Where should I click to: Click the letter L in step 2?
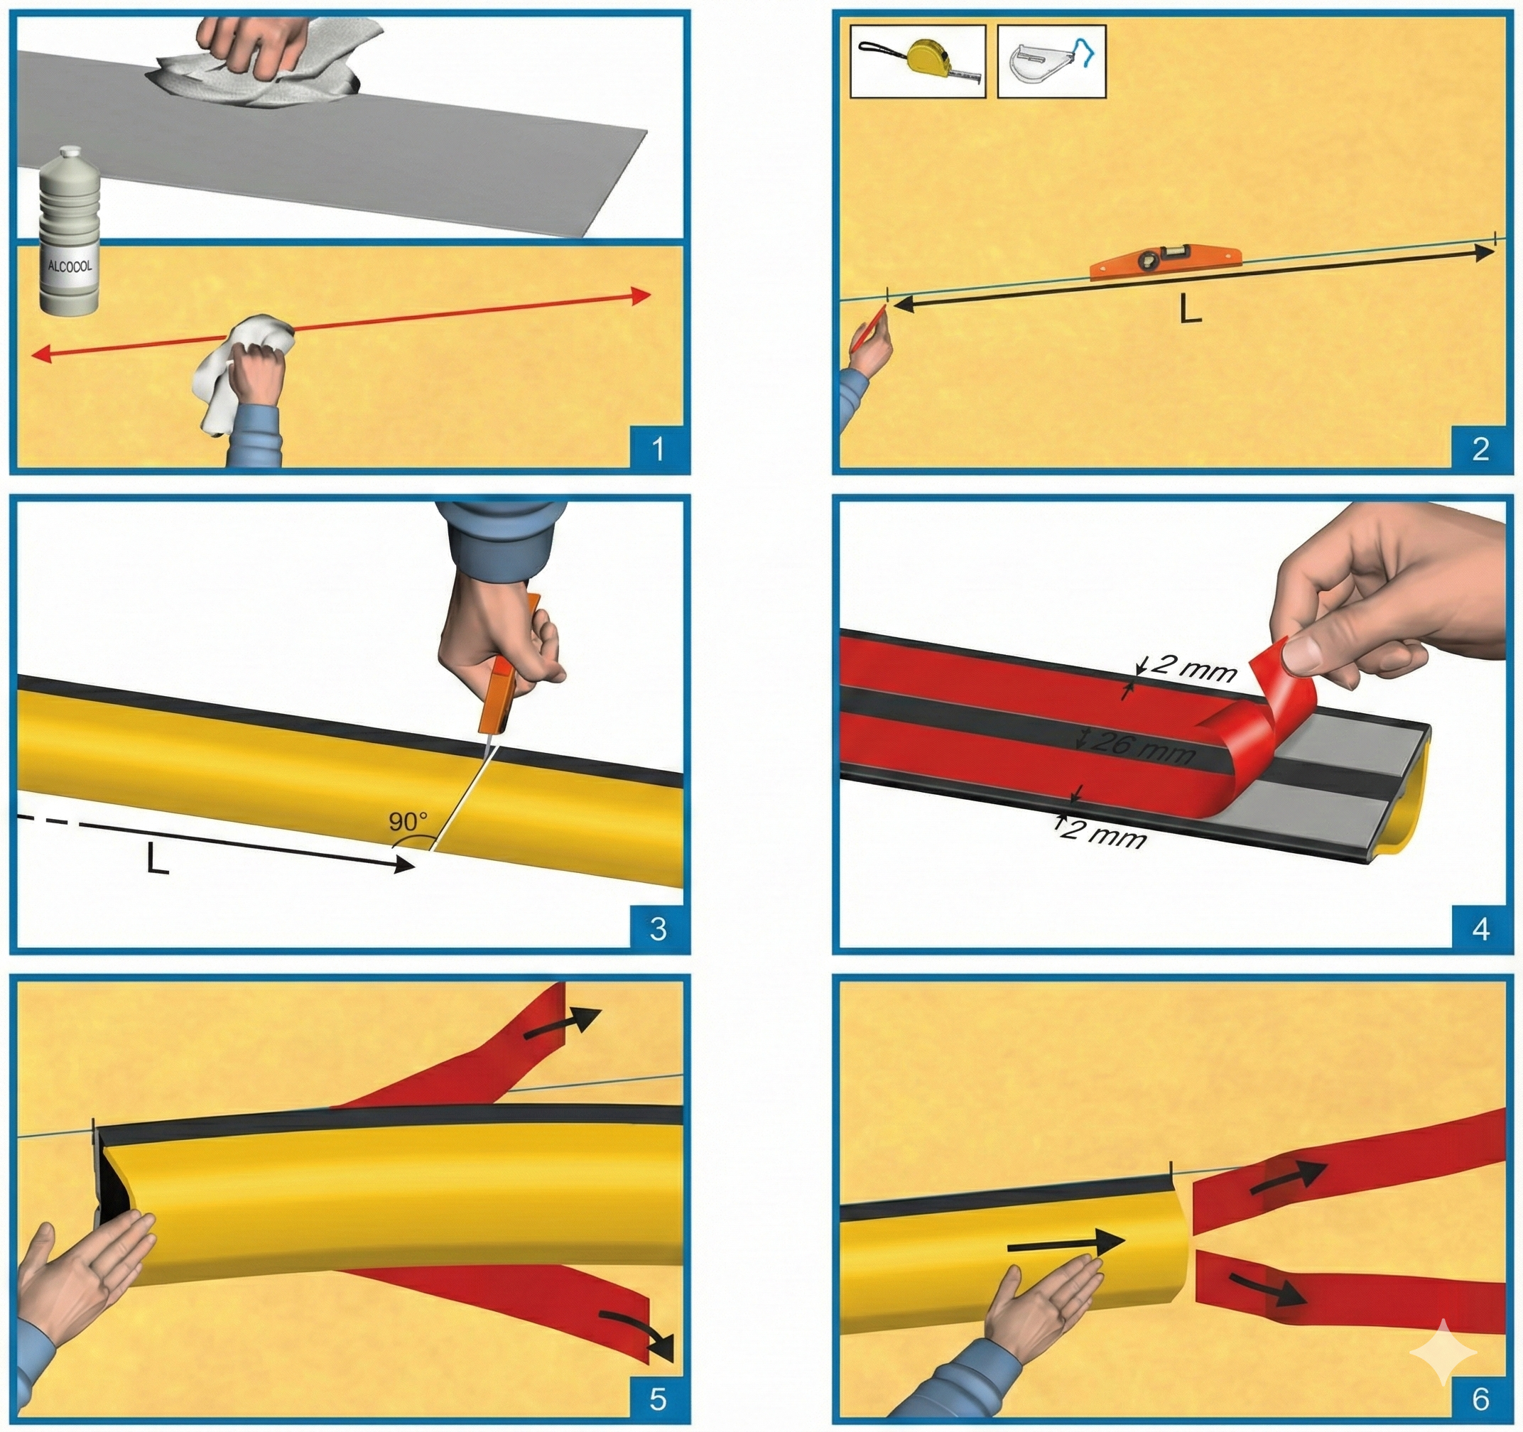(1190, 308)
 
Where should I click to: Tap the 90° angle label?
(408, 822)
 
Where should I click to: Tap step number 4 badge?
(1480, 928)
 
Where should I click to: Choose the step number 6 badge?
(1480, 1399)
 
